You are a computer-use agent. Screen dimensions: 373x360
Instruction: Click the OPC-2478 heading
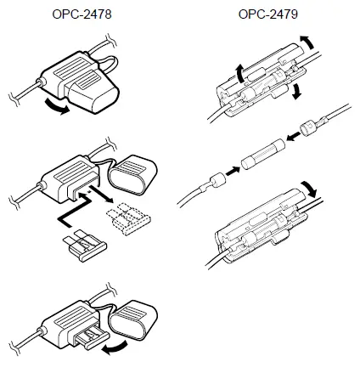(x=81, y=14)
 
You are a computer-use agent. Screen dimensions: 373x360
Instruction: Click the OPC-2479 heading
(x=267, y=14)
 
